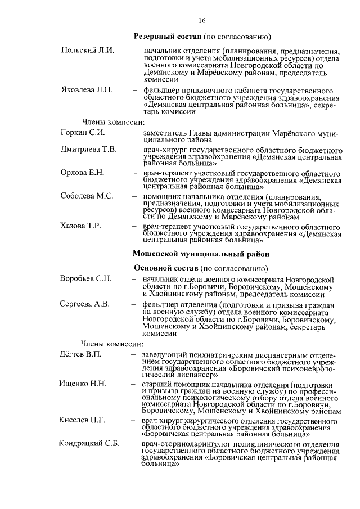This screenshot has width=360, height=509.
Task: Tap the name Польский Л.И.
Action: click(x=87, y=50)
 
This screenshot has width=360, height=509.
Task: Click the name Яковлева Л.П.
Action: click(x=87, y=90)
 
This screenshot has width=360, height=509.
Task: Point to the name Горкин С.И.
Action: click(x=83, y=133)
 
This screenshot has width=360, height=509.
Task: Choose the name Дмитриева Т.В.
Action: click(x=88, y=150)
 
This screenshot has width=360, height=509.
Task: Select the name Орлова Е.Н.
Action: click(x=82, y=172)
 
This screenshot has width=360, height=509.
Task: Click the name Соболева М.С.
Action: click(x=87, y=196)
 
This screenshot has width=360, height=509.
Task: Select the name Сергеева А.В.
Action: click(x=84, y=304)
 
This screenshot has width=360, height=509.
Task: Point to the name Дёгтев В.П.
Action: click(x=80, y=355)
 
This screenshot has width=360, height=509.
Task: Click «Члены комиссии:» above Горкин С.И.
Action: click(x=113, y=121)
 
